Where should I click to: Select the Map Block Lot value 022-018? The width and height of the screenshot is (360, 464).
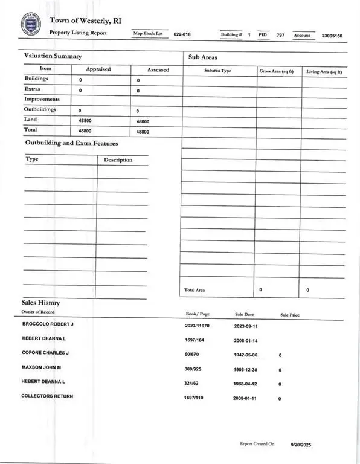(x=182, y=36)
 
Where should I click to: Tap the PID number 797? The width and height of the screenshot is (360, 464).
(x=280, y=36)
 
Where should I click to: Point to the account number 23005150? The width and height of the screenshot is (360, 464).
(x=332, y=36)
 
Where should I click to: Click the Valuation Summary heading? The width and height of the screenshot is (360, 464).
(x=53, y=56)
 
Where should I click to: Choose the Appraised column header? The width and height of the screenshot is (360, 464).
(x=98, y=69)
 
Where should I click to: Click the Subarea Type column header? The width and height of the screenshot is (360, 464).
(x=218, y=71)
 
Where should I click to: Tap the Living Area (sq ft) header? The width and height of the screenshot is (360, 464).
(x=324, y=71)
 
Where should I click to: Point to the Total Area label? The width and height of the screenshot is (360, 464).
(x=194, y=290)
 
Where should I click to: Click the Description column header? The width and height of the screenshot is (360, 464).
(x=118, y=160)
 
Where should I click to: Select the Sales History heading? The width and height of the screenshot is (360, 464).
(x=40, y=303)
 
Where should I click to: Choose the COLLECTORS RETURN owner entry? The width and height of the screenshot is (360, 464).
(x=47, y=396)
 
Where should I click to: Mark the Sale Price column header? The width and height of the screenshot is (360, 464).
(x=290, y=315)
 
